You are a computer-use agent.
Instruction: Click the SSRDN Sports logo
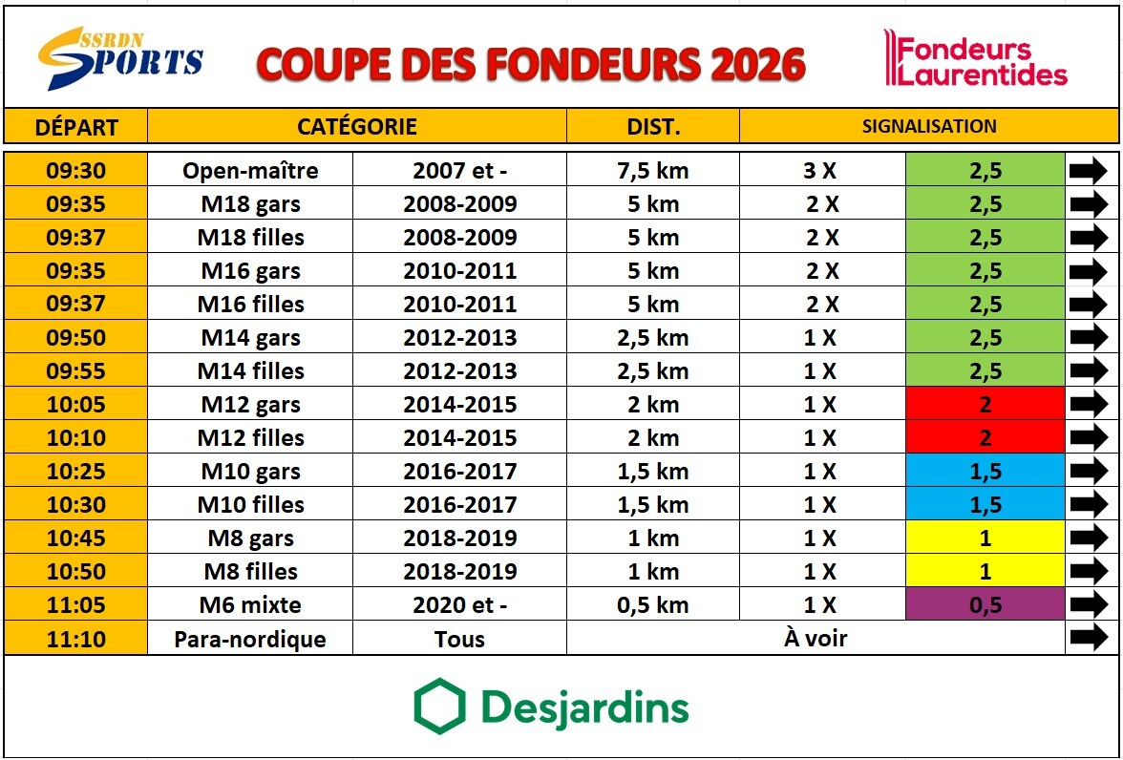coord(120,58)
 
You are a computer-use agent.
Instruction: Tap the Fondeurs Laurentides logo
coord(975,60)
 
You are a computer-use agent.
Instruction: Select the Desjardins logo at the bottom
coord(552,707)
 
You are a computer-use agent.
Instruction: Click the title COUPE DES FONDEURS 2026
coord(531,64)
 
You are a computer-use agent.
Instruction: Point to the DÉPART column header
coord(75,126)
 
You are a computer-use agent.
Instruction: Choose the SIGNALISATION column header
coord(928,126)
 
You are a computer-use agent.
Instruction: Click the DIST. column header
coord(653,126)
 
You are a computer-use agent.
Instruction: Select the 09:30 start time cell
coord(75,171)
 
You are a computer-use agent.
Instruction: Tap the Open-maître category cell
coord(250,171)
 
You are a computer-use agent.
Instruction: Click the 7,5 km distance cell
coord(653,171)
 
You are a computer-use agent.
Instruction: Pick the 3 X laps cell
coord(820,171)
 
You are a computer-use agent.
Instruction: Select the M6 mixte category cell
coord(250,604)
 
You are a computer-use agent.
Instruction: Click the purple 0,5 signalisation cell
coord(985,604)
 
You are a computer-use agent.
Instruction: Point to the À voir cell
coord(816,638)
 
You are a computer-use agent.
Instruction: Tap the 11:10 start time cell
coord(75,638)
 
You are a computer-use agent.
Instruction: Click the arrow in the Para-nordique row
coord(1090,638)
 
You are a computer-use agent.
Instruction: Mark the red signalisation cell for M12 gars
coord(985,404)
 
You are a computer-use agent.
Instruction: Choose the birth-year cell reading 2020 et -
coord(459,604)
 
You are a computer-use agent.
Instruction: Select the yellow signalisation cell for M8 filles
coord(985,571)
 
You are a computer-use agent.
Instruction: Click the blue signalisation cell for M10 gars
coord(985,471)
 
